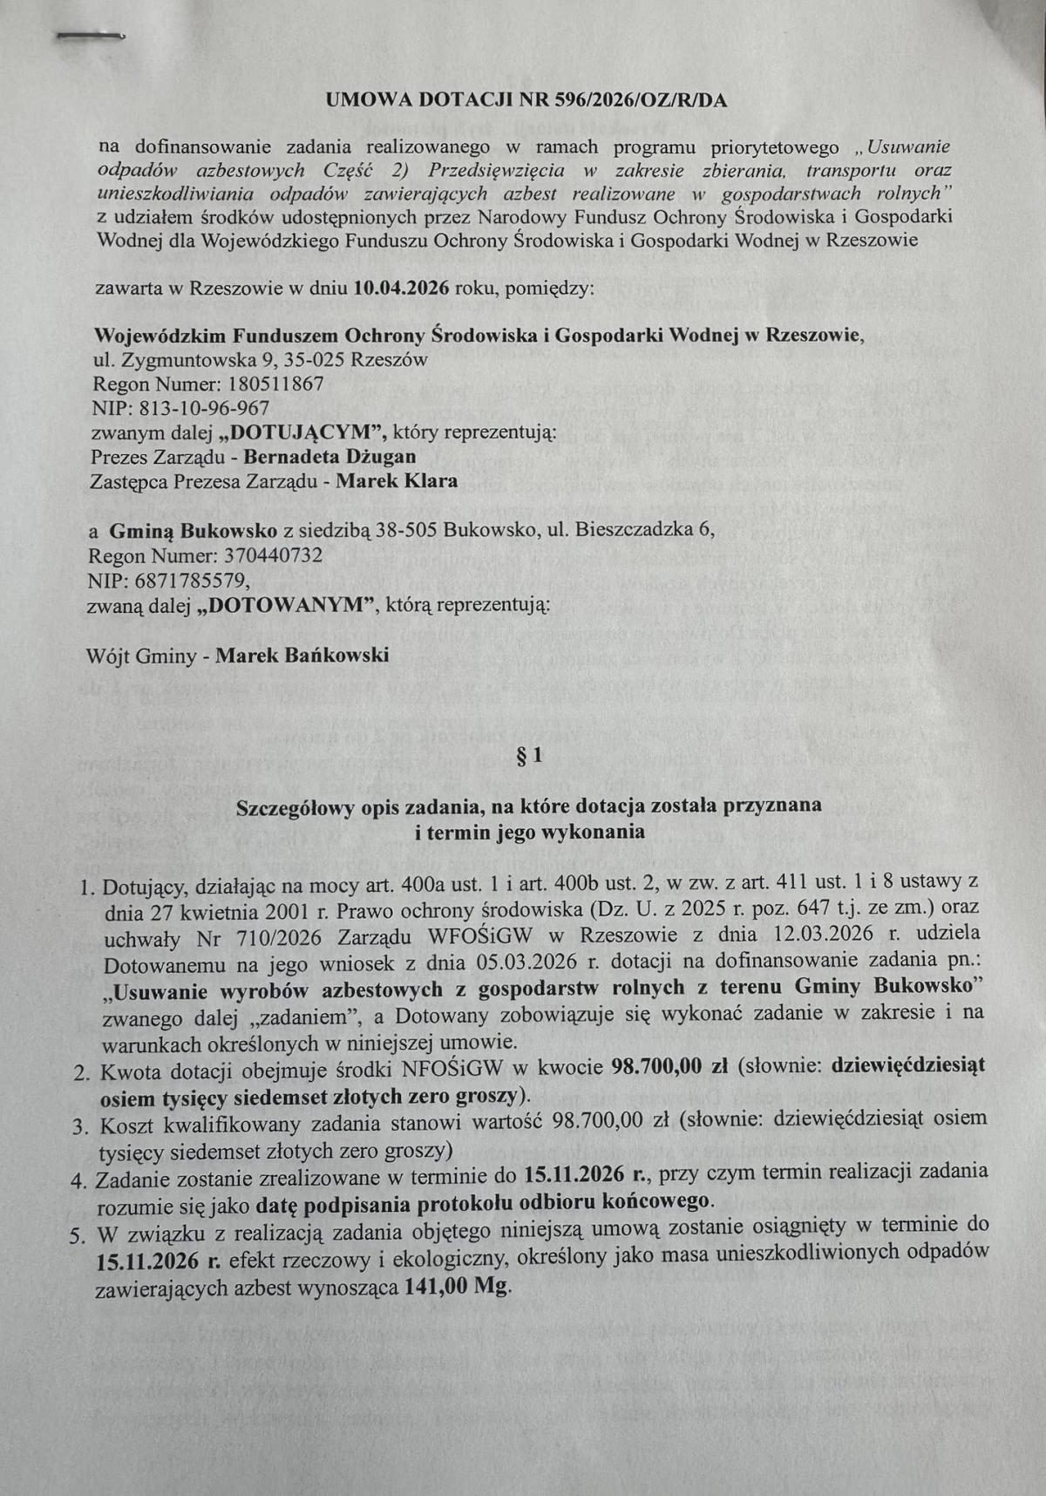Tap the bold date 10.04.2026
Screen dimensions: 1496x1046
click(x=401, y=288)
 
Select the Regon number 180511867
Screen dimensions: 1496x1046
click(x=276, y=384)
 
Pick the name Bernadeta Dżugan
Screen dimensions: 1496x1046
click(x=329, y=456)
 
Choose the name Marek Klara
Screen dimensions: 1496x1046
click(x=397, y=480)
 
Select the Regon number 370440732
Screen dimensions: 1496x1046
click(x=273, y=555)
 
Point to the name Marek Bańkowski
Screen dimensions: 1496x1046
click(x=302, y=655)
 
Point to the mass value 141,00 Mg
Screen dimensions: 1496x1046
click(x=457, y=1288)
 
